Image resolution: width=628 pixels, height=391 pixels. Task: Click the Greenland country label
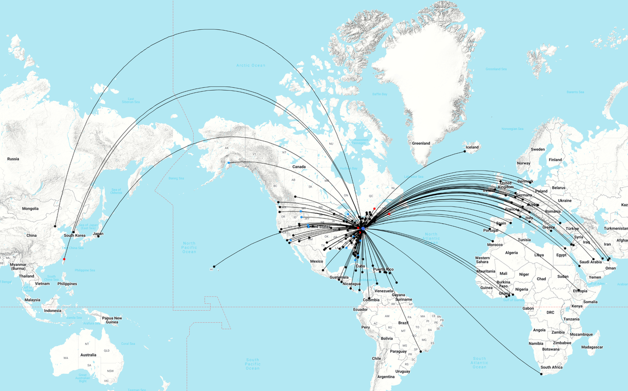421,143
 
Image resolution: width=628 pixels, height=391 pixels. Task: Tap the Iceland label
472,147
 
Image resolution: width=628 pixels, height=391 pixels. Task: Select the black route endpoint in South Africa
542,373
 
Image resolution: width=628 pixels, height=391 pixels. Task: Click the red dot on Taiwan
64,259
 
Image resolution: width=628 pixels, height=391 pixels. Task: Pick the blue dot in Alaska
229,163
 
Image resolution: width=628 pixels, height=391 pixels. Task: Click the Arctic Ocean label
251,65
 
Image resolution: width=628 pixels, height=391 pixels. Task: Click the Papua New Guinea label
111,320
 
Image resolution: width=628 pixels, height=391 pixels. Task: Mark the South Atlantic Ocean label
479,363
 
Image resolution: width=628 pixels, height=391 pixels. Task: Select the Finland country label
555,160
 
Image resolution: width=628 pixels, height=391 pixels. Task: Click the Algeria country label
511,252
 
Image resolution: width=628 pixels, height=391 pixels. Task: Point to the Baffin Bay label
380,94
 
